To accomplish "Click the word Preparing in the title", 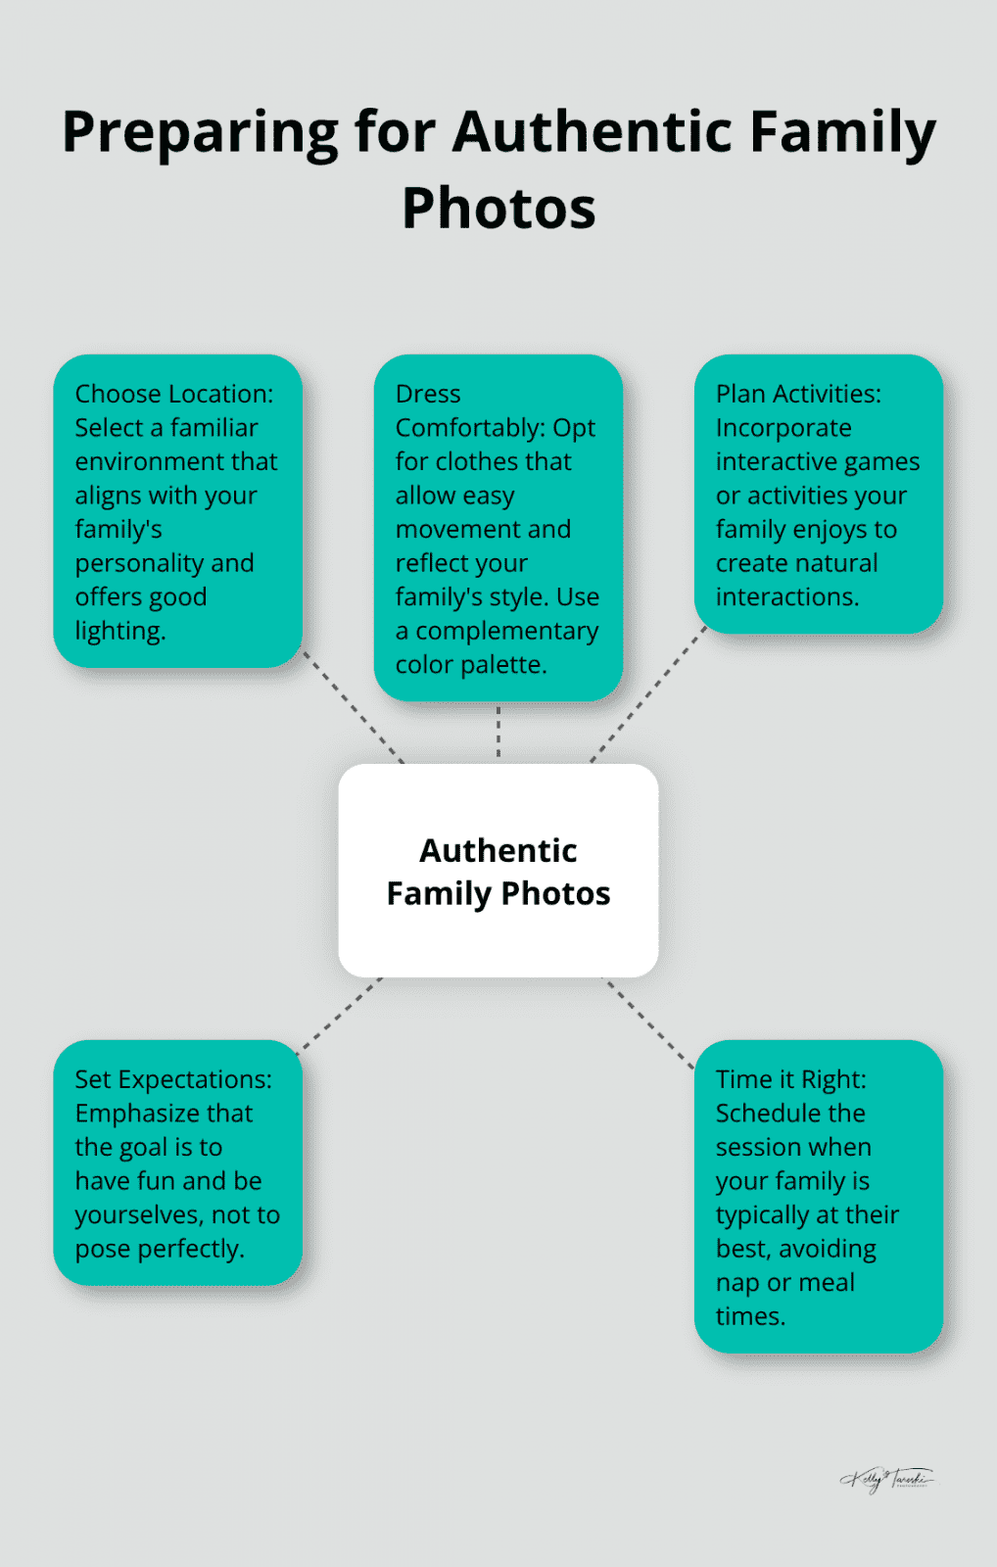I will [x=200, y=132].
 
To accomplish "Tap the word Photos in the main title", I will [x=498, y=208].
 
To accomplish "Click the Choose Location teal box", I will [x=177, y=510].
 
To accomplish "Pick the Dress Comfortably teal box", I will [x=498, y=527].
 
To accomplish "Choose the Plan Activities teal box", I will [x=818, y=494].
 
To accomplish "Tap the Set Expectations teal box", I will [x=177, y=1162].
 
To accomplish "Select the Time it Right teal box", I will [x=818, y=1196].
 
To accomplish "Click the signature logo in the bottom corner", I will [x=887, y=1479].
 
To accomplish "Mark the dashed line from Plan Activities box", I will [x=648, y=695].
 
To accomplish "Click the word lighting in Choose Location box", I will [x=119, y=632].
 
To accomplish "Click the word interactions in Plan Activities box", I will [x=786, y=597].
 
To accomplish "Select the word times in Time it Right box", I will [x=749, y=1317].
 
